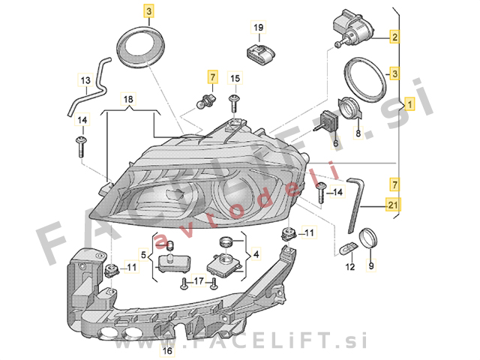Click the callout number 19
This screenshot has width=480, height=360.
(x=258, y=28)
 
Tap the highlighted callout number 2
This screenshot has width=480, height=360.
(x=394, y=36)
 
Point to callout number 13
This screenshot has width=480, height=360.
(x=85, y=80)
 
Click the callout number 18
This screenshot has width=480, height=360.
(x=128, y=99)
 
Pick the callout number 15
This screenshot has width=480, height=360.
(x=235, y=78)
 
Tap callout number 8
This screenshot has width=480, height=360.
(x=358, y=133)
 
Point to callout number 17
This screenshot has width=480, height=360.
(x=198, y=281)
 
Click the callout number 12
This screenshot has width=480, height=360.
(x=349, y=265)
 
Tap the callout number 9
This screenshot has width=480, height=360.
(x=370, y=265)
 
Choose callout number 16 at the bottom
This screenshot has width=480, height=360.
(x=167, y=350)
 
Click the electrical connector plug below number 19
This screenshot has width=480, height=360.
(x=259, y=53)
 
